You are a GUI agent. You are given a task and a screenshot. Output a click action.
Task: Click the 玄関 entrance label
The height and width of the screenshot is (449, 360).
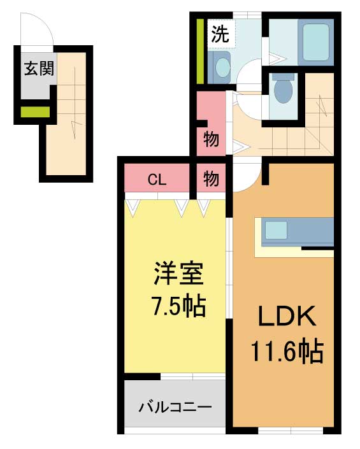39,69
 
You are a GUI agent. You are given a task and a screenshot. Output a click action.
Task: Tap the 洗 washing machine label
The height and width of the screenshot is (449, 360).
220,34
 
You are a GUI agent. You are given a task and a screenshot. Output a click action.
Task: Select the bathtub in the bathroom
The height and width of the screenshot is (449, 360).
315,43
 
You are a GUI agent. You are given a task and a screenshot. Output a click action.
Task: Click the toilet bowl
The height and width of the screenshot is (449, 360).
284,87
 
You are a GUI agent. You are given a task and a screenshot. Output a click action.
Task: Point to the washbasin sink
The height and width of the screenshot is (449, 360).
222,68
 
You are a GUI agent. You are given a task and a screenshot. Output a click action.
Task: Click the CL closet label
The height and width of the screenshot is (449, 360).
157,180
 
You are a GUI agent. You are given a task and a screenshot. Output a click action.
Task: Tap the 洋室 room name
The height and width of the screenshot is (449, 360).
178,274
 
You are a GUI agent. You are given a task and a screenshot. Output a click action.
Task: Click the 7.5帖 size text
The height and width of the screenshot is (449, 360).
178,306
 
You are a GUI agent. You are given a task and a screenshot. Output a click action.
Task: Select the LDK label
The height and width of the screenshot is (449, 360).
287,316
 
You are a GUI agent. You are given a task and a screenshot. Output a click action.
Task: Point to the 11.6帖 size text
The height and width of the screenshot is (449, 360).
287,351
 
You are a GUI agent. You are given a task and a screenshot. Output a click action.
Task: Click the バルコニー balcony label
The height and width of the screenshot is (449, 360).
175,407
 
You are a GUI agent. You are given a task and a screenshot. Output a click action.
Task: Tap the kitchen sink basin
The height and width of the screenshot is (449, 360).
276,230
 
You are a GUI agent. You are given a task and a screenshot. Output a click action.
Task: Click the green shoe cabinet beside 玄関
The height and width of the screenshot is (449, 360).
35,112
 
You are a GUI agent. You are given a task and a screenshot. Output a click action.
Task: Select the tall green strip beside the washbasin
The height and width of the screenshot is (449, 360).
200,51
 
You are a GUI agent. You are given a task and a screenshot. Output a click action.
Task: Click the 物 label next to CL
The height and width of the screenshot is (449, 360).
211,179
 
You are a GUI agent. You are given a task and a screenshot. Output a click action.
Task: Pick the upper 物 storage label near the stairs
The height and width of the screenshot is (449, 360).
211,139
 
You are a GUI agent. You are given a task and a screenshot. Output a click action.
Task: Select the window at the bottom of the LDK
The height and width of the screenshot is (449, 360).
291,431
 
